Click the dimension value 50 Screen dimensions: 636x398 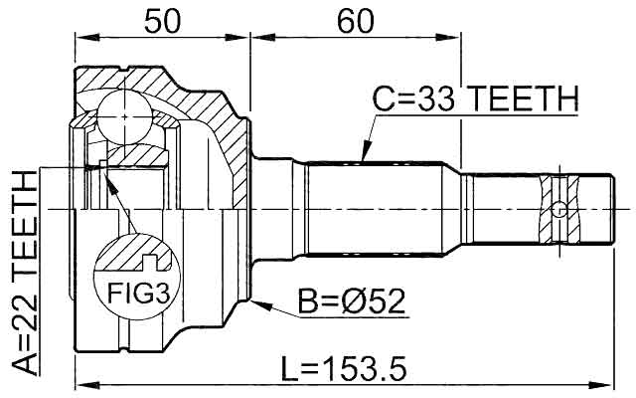tap(161, 21)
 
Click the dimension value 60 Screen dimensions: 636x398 tap(356, 21)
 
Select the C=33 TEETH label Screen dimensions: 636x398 tap(475, 99)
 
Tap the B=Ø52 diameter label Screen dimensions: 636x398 tap(352, 301)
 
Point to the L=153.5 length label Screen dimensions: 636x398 tap(344, 369)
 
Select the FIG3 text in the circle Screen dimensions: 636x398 tap(138, 294)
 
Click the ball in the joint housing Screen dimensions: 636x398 tap(125, 116)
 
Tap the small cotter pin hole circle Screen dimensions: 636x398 tap(559, 210)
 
